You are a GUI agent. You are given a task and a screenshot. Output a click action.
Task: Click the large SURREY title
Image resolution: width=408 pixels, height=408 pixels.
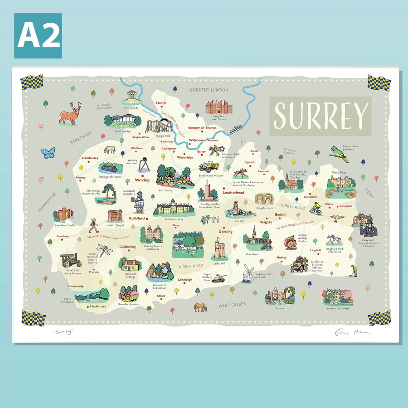[321, 115]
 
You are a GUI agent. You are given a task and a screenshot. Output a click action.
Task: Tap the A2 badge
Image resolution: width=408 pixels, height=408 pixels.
[38, 36]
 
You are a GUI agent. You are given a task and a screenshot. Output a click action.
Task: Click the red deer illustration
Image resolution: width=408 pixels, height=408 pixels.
[71, 113]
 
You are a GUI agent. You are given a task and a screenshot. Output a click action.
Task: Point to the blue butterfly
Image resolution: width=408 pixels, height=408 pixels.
[48, 152]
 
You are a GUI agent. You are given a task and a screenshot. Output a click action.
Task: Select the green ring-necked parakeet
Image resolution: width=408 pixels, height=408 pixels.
[339, 153]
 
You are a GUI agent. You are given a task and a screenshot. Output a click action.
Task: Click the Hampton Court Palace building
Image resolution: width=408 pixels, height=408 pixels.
[219, 107]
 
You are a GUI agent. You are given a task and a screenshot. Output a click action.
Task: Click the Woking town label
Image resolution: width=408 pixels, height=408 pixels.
[142, 180]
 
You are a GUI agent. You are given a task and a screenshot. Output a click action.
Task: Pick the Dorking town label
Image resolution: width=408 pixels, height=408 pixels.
[225, 232]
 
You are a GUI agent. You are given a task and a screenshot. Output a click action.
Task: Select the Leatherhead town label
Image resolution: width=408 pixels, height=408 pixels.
[233, 193]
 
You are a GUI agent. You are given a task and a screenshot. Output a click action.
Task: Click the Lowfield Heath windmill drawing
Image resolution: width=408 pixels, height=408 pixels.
[248, 273]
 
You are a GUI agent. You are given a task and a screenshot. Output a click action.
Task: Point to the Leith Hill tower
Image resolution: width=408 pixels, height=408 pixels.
[219, 249]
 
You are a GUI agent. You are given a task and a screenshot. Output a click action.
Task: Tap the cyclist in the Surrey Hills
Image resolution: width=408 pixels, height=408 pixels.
[316, 209]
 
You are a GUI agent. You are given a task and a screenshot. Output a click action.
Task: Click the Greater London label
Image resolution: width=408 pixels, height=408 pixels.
[209, 90]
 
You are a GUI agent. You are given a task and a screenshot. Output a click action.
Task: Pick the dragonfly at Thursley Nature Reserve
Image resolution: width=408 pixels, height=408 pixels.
[104, 250]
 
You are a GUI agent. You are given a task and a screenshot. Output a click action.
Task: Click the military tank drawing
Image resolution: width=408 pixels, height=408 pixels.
[220, 278]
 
